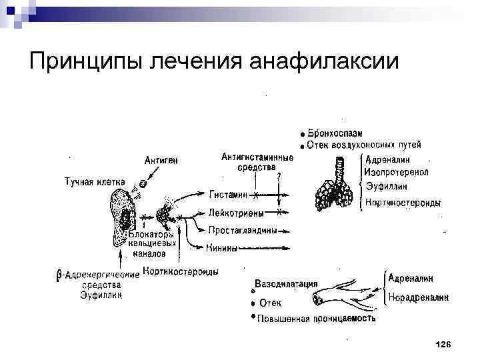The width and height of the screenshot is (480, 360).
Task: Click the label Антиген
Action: (x=161, y=160)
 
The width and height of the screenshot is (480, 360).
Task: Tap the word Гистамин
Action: (x=227, y=195)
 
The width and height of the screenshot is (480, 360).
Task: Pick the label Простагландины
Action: (x=241, y=231)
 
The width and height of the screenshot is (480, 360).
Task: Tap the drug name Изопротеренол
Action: (x=397, y=172)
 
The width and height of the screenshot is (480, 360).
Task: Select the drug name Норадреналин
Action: (x=418, y=297)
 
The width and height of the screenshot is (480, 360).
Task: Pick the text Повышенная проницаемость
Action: (x=317, y=318)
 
